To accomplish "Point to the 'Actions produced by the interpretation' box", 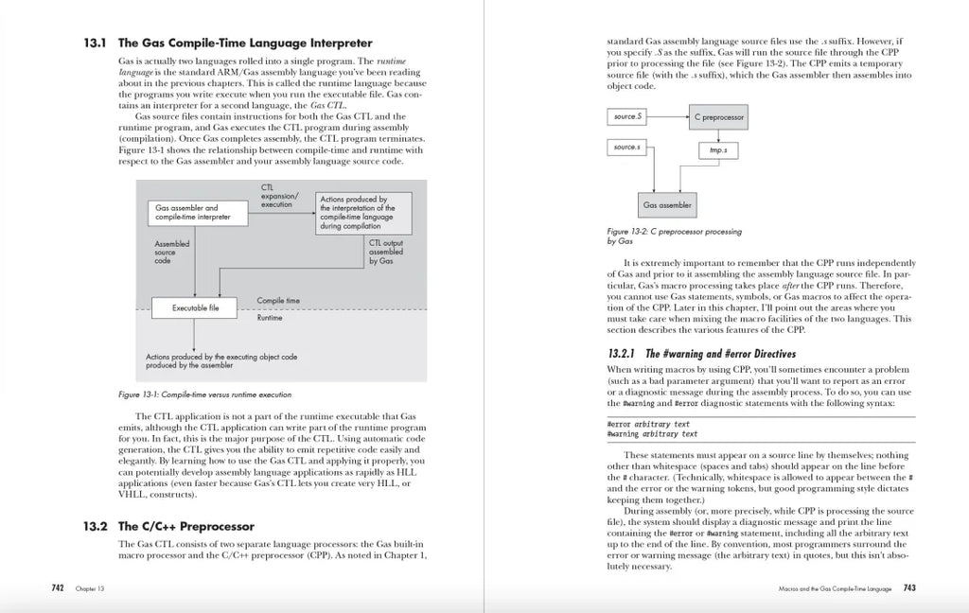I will (x=364, y=214).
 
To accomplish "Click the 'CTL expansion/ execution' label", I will (x=279, y=196).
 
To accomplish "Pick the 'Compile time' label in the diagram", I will (x=278, y=301).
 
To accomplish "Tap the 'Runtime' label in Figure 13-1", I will (x=271, y=319).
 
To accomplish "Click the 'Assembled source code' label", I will (x=171, y=252).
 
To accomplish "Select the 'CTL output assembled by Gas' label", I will (x=385, y=252).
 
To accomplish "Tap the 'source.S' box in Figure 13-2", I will (x=627, y=116).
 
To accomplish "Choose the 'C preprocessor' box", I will (x=719, y=117).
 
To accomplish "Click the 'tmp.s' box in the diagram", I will (x=718, y=150).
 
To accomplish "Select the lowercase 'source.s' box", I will (x=627, y=148).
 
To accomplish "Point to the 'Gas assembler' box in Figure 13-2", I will (x=667, y=204).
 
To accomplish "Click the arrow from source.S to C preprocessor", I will (x=667, y=116).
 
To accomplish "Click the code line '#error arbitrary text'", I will (x=648, y=425).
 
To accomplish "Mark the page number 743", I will (x=908, y=587).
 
